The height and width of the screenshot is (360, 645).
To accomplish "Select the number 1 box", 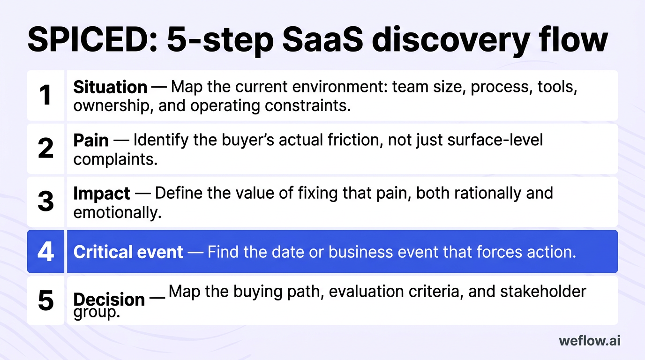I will pyautogui.click(x=45, y=96).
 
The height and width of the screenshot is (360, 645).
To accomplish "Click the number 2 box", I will pyautogui.click(x=45, y=149).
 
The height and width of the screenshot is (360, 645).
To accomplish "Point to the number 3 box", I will pyautogui.click(x=45, y=202).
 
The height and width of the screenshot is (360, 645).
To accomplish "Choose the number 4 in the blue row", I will pyautogui.click(x=45, y=252).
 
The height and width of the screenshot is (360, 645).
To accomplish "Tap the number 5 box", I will pyautogui.click(x=45, y=300).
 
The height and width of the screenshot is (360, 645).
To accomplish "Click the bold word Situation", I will pyautogui.click(x=110, y=87).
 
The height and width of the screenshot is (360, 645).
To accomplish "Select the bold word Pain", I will pyautogui.click(x=91, y=140).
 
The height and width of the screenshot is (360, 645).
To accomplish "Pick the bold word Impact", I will pyautogui.click(x=102, y=193).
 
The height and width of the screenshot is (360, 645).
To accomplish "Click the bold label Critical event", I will pyautogui.click(x=128, y=252).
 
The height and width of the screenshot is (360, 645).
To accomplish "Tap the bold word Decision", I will pyautogui.click(x=109, y=299).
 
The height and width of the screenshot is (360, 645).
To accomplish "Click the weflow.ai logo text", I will pyautogui.click(x=589, y=341).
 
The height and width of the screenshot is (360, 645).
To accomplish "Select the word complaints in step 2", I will pyautogui.click(x=115, y=159).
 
